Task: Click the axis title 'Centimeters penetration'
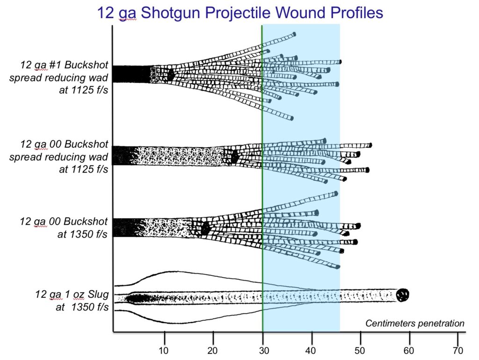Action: pos(414,324)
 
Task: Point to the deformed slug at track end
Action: pos(402,295)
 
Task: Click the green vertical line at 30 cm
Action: pos(262,187)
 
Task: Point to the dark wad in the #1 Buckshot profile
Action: pos(171,75)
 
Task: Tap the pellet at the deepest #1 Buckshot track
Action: pos(340,62)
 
